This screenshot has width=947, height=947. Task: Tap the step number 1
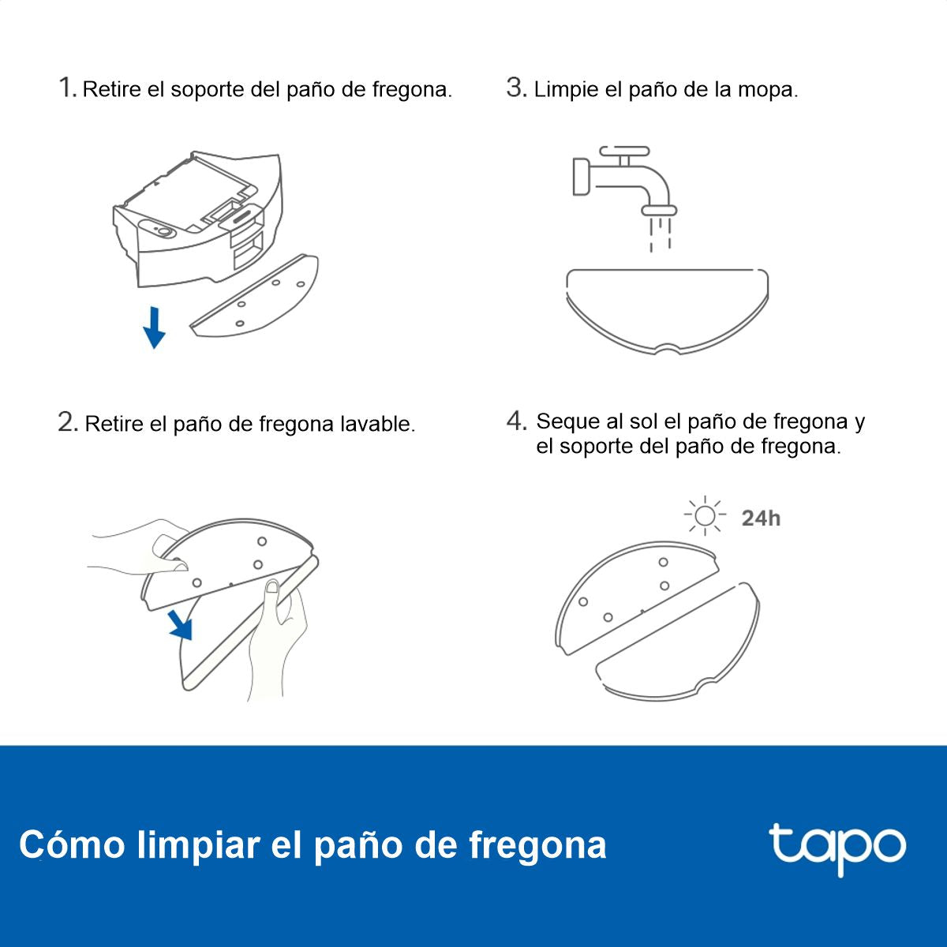point(67,88)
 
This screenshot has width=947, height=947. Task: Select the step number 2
point(67,422)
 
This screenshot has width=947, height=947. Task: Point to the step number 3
point(515,88)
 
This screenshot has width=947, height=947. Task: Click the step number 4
point(516,421)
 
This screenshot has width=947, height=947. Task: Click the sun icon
point(705,516)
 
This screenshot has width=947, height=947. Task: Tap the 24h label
point(761,518)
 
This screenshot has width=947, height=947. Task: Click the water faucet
point(623,178)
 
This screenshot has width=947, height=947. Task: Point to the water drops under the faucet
point(660,234)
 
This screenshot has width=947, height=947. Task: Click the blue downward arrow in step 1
point(155,328)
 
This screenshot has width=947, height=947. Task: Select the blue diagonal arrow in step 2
point(181,625)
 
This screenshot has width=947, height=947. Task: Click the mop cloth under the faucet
point(667,308)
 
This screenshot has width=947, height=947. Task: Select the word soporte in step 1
point(208,90)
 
